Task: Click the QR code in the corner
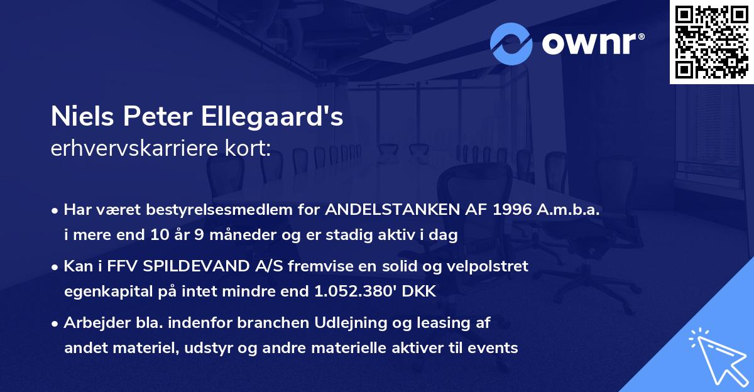coord(712,42)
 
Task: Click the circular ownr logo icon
coord(512,43)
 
